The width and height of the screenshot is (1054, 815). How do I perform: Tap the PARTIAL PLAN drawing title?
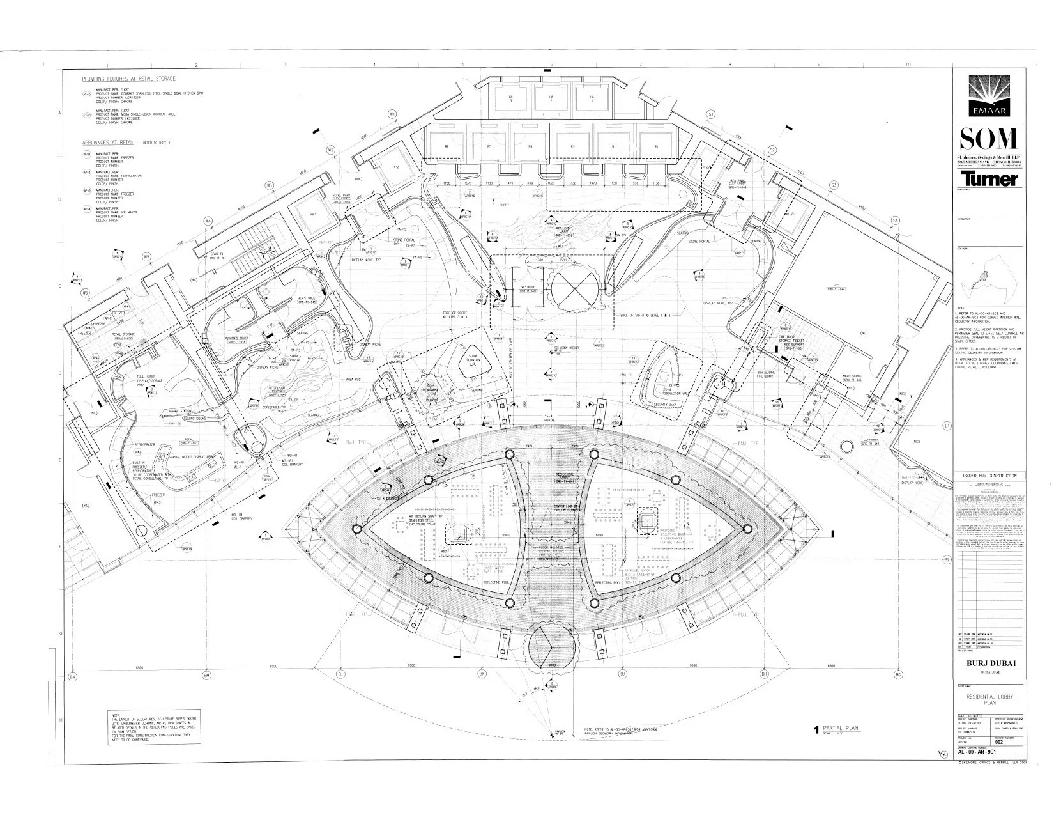coord(842,728)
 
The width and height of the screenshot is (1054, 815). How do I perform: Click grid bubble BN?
coord(73,676)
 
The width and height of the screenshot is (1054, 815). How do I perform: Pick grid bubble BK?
coord(482,675)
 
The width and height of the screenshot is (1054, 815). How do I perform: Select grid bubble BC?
coord(898,675)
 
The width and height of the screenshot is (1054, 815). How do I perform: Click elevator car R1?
coord(656,147)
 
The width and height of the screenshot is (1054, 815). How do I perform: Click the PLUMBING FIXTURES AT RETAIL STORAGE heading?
coord(128,78)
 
